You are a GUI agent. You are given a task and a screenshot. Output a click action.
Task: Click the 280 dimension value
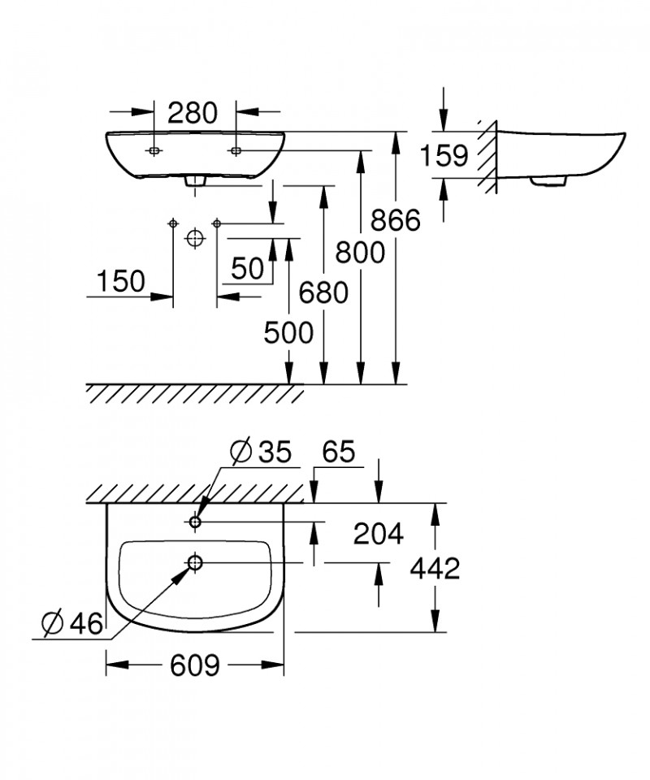click(x=193, y=113)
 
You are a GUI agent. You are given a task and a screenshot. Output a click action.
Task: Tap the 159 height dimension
click(x=444, y=155)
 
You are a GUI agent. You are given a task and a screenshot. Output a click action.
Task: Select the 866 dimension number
click(x=396, y=220)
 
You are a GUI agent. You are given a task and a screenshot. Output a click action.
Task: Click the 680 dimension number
click(x=323, y=292)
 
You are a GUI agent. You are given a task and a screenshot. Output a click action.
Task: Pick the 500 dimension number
click(x=288, y=333)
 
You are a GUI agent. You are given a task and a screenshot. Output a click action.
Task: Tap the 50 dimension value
click(x=247, y=269)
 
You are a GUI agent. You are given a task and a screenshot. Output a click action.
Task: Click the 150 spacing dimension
click(x=121, y=281)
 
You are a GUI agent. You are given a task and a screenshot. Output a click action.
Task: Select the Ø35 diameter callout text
click(x=260, y=453)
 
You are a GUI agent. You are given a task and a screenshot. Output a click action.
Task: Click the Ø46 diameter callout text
click(x=72, y=622)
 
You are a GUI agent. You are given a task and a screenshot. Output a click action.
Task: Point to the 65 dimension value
click(x=339, y=453)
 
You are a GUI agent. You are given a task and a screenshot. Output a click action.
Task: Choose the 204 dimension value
click(x=379, y=535)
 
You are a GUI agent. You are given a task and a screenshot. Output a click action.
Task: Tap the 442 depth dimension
click(x=435, y=568)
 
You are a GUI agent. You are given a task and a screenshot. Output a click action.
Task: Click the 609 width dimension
click(x=194, y=665)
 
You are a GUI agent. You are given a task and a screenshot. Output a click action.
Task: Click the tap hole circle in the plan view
click(x=194, y=522)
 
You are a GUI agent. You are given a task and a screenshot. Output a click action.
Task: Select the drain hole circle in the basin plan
click(x=195, y=562)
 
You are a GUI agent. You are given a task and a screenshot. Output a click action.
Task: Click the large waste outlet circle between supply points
click(x=195, y=238)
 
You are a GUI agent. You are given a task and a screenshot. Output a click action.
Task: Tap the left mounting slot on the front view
click(x=154, y=150)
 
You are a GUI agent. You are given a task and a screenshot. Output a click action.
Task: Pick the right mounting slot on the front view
click(x=236, y=150)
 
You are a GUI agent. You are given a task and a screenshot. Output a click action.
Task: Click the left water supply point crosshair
click(x=173, y=224)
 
